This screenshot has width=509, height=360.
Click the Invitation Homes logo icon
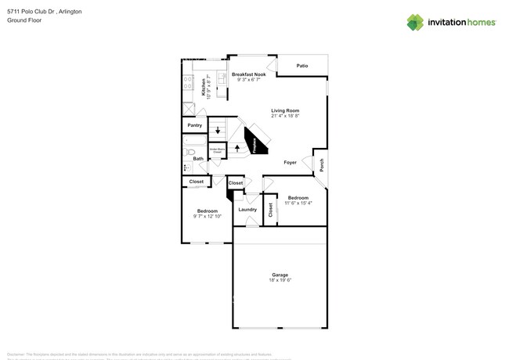coord(414,22)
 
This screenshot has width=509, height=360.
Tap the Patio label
coord(301,66)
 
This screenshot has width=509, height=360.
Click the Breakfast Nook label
coord(248,74)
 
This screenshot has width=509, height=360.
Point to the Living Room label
coord(285,110)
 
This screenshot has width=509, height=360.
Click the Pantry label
coord(194,125)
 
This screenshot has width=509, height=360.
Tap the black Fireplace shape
coord(255,142)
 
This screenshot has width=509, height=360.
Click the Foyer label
coord(290,162)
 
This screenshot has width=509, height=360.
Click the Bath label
coord(198,159)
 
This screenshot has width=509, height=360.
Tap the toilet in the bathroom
coord(189,153)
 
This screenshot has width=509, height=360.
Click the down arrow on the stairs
coord(218,130)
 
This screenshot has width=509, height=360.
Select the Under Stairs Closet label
coord(216,150)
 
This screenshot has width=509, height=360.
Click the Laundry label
coord(247,209)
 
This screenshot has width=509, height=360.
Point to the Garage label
coord(280,275)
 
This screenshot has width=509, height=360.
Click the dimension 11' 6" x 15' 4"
coord(298,203)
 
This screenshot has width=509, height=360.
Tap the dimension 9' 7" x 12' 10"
coord(207,216)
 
